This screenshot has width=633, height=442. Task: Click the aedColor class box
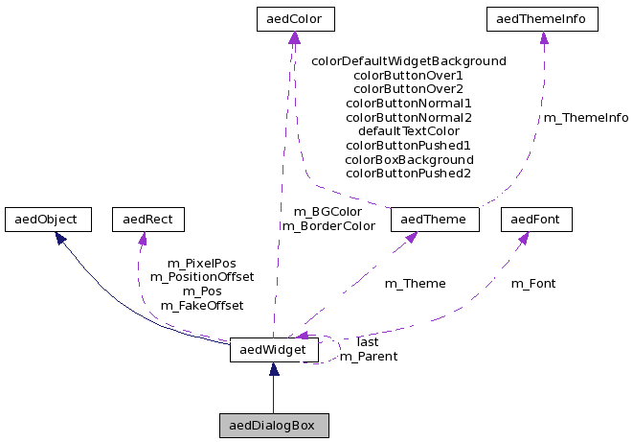[294, 18]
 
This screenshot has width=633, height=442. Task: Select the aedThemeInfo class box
[543, 18]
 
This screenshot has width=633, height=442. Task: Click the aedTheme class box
[435, 220]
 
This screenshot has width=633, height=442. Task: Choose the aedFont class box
[536, 220]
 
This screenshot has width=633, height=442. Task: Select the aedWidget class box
[274, 351]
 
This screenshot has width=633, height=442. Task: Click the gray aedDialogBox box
[274, 425]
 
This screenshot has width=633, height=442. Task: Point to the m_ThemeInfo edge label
[586, 118]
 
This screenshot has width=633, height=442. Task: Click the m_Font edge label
[532, 283]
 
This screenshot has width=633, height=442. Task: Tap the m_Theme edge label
[415, 283]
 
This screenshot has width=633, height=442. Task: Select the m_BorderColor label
[328, 225]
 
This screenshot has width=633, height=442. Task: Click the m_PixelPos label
[201, 263]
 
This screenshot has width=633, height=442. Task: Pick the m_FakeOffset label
[201, 305]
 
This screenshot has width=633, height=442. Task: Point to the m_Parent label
[369, 356]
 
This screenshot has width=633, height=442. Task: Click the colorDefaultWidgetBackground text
[409, 60]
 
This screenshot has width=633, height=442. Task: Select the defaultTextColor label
[409, 130]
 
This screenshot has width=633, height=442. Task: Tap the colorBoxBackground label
[409, 159]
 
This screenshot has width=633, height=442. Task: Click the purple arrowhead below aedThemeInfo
[543, 38]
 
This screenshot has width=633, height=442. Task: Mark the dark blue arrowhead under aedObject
[60, 237]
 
